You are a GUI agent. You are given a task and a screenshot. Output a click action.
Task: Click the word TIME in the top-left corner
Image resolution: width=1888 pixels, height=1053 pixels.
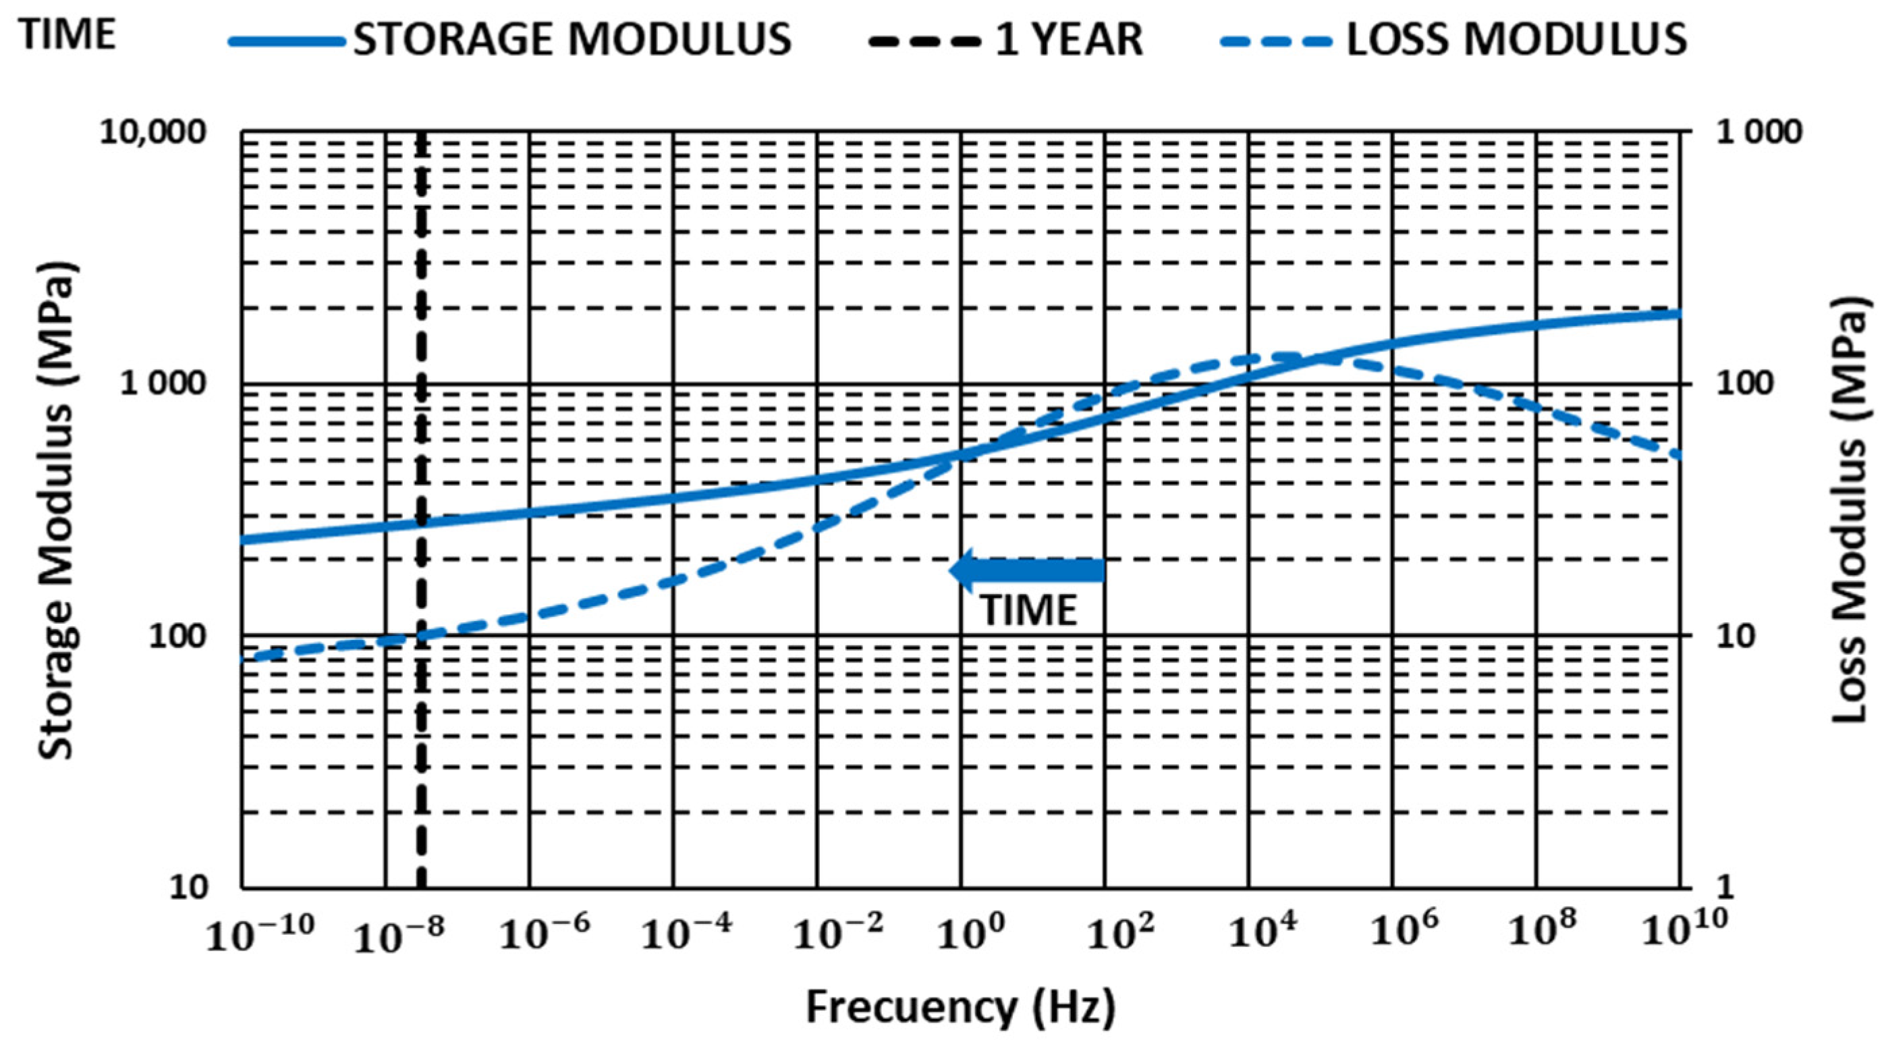[x=68, y=34]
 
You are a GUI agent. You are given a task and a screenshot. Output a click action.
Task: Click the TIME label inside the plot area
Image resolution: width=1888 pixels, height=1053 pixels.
[x=1029, y=610]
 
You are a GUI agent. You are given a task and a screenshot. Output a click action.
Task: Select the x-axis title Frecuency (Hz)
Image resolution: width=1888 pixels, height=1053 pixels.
[x=961, y=1008]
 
